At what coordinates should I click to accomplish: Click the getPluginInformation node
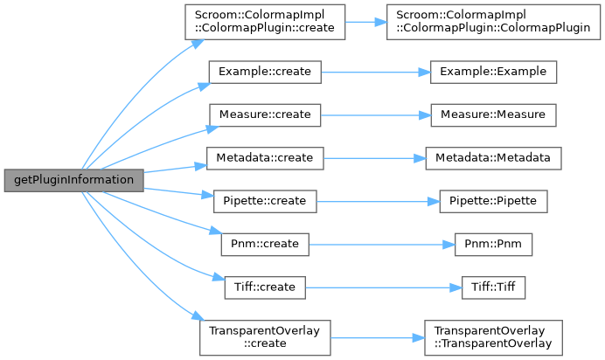click(73, 179)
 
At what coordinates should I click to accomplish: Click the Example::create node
click(264, 71)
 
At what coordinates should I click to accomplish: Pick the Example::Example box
click(494, 71)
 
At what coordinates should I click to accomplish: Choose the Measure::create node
click(264, 114)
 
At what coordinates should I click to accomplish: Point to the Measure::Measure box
click(494, 114)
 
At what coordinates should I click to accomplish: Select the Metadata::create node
click(264, 157)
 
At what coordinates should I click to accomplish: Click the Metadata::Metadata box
click(494, 157)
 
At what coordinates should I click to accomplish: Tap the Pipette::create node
click(264, 200)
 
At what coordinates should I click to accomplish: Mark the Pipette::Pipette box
click(494, 200)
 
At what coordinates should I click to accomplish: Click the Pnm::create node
click(264, 243)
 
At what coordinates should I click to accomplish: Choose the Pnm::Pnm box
click(494, 243)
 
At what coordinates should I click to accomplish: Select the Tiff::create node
click(264, 286)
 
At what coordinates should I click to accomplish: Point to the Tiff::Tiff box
click(494, 286)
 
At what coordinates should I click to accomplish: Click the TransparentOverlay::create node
click(264, 336)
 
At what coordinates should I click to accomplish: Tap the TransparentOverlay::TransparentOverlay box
click(493, 336)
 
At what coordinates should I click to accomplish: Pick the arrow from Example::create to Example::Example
click(375, 71)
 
